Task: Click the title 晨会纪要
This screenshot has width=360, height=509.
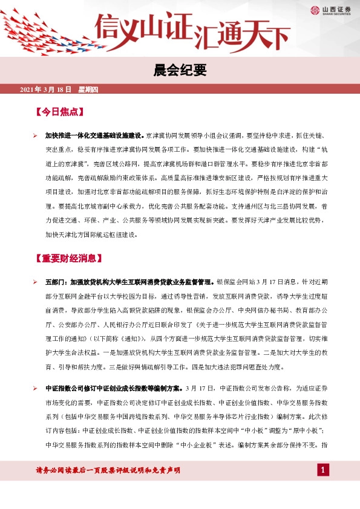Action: (180, 71)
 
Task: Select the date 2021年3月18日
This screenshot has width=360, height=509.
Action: (46, 90)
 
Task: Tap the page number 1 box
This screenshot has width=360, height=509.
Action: (322, 470)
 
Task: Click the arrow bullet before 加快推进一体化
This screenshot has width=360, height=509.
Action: (35, 136)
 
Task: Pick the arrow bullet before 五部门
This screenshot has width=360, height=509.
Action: (35, 282)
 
